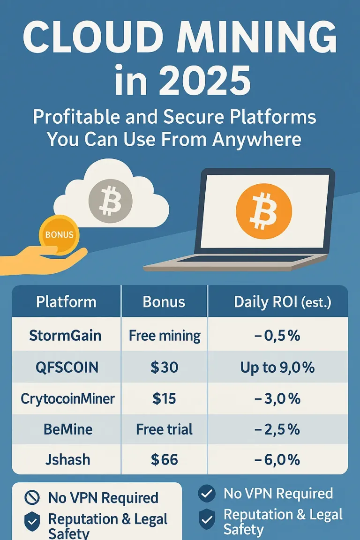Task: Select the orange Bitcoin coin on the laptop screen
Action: coord(264,211)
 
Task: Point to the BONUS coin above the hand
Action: coord(59,235)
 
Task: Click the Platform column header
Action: coord(66,302)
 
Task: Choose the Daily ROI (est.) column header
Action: coord(282,302)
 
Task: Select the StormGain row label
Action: coord(65,335)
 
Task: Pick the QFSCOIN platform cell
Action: coord(67,367)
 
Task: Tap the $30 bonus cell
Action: coord(165,367)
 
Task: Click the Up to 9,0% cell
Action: coord(277,367)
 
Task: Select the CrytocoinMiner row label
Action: coord(67,399)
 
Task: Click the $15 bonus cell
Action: coord(165,398)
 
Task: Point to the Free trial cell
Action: coord(165,429)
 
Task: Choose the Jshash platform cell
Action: coord(67,460)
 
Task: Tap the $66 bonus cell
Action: coord(165,460)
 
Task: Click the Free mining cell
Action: coord(165,336)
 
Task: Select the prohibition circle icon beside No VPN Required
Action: coord(32,497)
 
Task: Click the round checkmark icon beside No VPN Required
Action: coord(207,493)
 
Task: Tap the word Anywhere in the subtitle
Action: coord(257,139)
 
